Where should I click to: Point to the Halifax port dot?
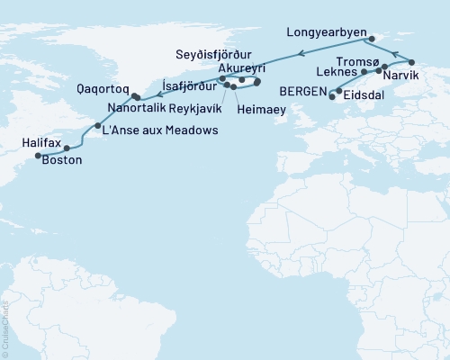pos(38,156)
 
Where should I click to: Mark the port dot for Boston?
pos(67,148)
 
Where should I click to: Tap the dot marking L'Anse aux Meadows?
pos(97,126)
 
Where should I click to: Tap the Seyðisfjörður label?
pos(230,52)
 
